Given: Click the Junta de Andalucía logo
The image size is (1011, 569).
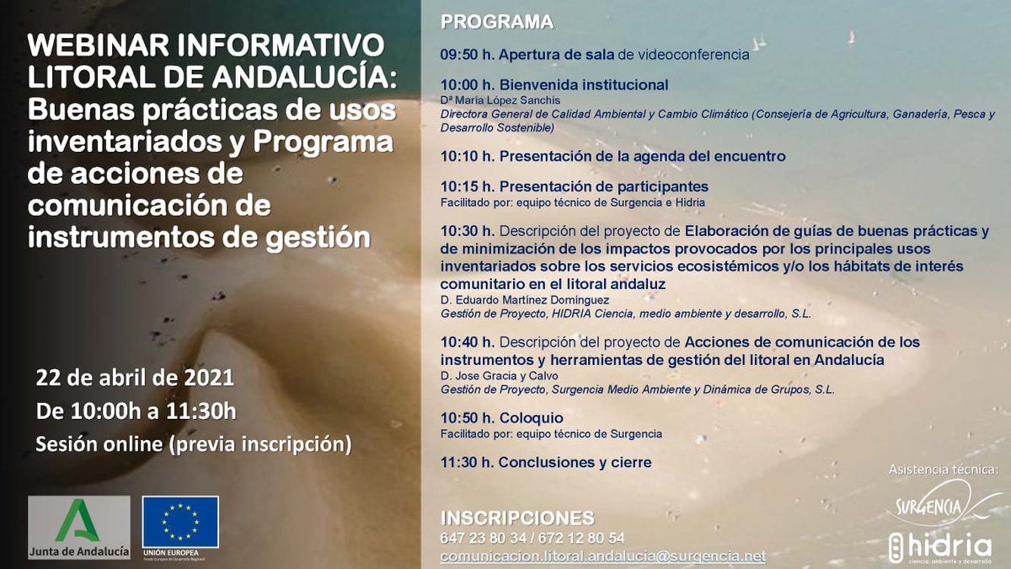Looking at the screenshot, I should click(79, 528).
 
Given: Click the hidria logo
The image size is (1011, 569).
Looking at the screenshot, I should click(940, 546).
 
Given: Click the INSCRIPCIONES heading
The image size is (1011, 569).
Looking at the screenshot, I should click(517, 518).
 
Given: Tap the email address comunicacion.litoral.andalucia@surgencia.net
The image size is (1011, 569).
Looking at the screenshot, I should click(603, 556).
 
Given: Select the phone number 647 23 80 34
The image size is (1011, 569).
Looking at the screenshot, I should click(477, 538).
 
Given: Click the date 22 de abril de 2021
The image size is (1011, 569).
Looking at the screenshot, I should click(135, 378).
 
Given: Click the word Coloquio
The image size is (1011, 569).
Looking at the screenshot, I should click(531, 418).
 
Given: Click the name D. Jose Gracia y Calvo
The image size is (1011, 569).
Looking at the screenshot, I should click(500, 376).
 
